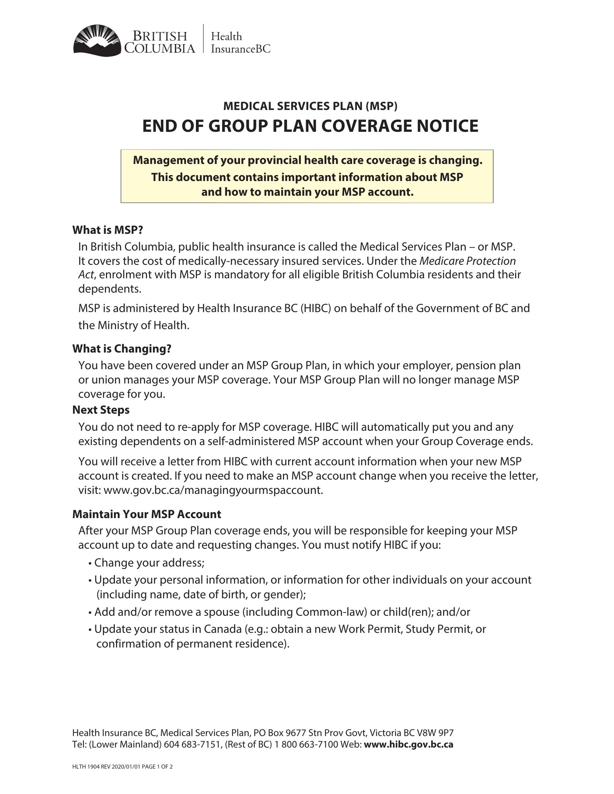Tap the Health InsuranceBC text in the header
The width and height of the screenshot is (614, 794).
pos(240,42)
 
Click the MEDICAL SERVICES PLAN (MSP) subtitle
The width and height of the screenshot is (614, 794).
pos(310,106)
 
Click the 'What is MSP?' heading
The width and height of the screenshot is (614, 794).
pos(107,230)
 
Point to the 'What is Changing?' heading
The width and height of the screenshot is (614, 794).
pos(122,349)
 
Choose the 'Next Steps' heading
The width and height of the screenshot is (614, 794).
pos(101,410)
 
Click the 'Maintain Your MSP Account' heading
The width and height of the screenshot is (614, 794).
pos(147,514)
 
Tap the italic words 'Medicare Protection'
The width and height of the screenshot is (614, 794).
pos(467,261)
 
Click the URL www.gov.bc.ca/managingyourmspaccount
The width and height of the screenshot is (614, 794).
pos(213,490)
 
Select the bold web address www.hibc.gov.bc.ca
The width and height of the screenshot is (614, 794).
pos(409,744)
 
